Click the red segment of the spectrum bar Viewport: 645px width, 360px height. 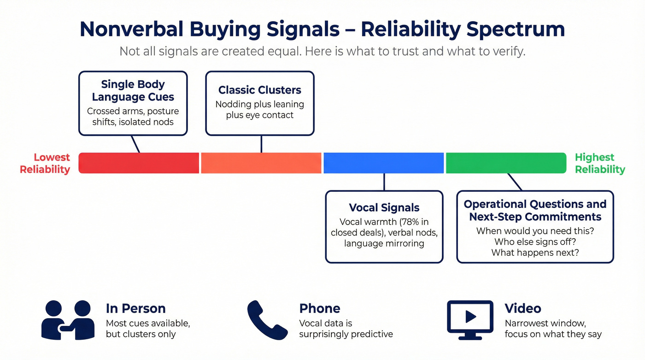(x=139, y=163)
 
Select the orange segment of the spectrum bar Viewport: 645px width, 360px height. (x=261, y=163)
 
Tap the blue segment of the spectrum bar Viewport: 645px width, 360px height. (x=384, y=163)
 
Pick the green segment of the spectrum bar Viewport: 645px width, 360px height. (x=506, y=163)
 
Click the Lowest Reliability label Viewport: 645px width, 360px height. (x=45, y=164)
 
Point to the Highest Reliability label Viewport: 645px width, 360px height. (x=600, y=164)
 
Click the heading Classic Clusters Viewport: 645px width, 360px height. (x=260, y=90)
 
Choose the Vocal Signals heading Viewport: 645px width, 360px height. (x=384, y=207)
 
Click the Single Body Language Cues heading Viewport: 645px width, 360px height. (x=133, y=90)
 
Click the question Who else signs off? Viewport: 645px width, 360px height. (x=535, y=242)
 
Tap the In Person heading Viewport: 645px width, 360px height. (x=135, y=308)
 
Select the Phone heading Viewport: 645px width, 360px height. (x=320, y=308)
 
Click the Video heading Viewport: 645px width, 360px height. (x=522, y=308)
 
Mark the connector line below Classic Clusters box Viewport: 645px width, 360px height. (x=261, y=144)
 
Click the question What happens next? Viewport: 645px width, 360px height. (x=535, y=253)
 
